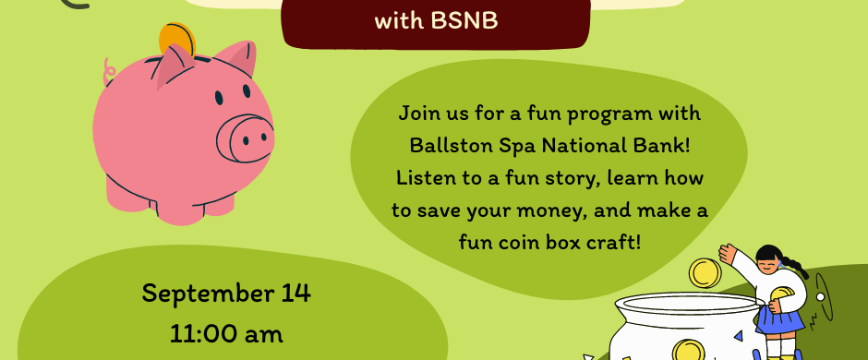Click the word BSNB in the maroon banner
464,21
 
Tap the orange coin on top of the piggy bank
177,38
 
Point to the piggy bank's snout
246,138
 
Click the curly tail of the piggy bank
109,71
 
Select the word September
202,294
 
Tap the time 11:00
204,334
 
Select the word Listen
425,178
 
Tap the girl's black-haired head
770,258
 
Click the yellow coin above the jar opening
705,273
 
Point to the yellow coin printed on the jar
689,351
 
